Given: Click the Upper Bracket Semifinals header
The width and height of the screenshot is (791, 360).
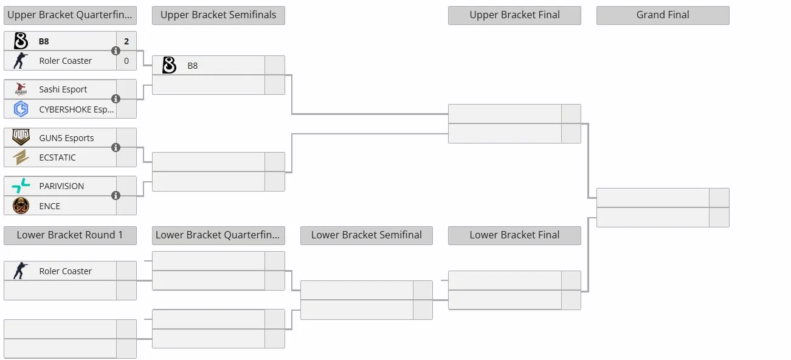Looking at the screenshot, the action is coord(218,15).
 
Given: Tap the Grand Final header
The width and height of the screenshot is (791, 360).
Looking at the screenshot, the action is coord(663,15).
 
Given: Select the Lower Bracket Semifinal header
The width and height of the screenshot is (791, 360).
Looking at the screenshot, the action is coord(367,235).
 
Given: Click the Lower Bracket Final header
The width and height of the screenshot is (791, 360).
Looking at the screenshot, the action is coord(514,235).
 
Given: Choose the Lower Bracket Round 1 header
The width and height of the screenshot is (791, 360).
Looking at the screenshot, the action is coord(70,235).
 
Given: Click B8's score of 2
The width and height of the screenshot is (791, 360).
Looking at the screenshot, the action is coord(126,41).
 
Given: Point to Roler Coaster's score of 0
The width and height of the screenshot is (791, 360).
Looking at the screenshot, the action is coord(126,61).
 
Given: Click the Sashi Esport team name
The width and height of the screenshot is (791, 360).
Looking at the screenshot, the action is coord(63,89).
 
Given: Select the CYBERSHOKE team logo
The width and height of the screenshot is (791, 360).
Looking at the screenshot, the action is coord(21,109).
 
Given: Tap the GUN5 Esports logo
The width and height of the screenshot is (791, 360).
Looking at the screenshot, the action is coord(21,137).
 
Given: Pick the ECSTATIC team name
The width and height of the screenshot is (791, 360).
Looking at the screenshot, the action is coord(57,157).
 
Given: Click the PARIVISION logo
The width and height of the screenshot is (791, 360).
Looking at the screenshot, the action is coord(21,185).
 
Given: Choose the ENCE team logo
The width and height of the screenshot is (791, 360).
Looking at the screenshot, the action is coord(21,206).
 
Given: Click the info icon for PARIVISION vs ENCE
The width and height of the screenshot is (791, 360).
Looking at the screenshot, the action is coord(116,195).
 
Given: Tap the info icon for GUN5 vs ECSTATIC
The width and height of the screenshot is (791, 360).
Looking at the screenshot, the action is coord(116,147).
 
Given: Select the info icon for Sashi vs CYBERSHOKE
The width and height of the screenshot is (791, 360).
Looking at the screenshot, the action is coord(116,99).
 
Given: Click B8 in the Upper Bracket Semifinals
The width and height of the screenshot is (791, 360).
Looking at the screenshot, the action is coord(193,66).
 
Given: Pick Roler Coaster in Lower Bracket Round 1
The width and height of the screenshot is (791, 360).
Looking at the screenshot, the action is coord(65,271).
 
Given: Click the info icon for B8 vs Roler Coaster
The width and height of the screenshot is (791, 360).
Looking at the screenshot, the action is coord(116,50).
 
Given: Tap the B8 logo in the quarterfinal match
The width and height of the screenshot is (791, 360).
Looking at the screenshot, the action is coord(21,41).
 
